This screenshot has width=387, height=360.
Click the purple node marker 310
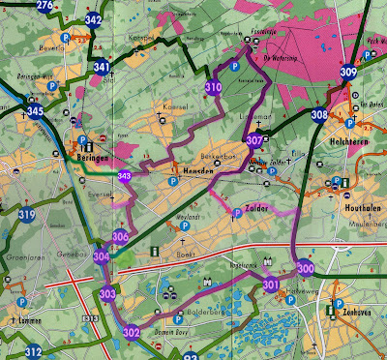tap(213, 88)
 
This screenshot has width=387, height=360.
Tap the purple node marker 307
tap(254, 140)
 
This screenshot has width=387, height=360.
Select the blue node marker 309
tap(348, 71)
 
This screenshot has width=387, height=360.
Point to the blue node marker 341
tap(102, 67)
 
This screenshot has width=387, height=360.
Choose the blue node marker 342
tap(94, 19)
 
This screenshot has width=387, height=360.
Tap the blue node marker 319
tap(26, 215)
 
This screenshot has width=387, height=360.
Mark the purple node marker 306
tap(120, 237)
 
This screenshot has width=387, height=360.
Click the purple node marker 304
tap(102, 256)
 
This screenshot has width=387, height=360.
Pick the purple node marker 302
tap(133, 333)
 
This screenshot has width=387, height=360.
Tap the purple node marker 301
tap(271, 285)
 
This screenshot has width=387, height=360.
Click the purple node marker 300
tap(306, 269)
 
